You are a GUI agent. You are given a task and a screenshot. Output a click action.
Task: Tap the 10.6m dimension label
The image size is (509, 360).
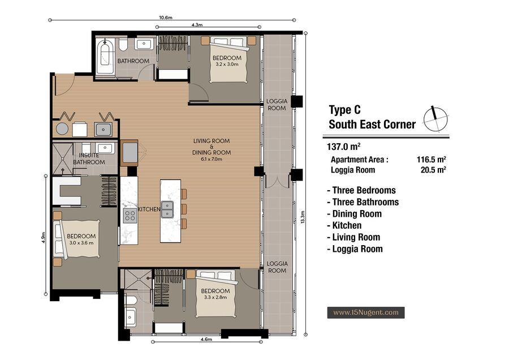[166, 18]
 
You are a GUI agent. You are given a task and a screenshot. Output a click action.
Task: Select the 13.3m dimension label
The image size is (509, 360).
[303, 217]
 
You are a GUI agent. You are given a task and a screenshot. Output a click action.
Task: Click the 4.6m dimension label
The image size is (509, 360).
[206, 339]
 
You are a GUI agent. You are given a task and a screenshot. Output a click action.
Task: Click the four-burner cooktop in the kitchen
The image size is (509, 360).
[130, 216]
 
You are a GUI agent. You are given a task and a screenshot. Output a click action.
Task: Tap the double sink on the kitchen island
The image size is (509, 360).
[167, 209]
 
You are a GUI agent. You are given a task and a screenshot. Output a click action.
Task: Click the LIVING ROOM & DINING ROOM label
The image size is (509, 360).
[212, 149]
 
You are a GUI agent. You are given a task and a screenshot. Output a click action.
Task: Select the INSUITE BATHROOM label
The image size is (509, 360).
[89, 158]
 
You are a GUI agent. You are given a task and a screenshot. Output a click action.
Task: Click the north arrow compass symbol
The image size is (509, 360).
[435, 119]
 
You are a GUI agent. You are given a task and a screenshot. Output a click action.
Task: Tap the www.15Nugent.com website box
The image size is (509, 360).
[366, 312]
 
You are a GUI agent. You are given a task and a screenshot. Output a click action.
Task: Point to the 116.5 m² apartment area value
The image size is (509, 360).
[431, 160]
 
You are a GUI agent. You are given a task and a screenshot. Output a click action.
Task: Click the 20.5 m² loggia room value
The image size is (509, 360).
[433, 170]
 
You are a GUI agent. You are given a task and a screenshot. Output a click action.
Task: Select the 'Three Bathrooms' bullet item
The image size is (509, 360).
[363, 202]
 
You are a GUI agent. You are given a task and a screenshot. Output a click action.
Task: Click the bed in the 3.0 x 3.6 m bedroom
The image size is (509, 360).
[77, 239]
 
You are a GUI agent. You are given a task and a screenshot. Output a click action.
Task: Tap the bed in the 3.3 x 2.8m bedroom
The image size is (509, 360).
[215, 293]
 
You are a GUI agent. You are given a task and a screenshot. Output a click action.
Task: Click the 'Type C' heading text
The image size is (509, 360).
[345, 110]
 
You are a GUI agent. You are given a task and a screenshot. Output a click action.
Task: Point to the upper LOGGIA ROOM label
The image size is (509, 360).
[277, 105]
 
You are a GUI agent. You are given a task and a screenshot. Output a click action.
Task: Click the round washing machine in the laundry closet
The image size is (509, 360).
[62, 128]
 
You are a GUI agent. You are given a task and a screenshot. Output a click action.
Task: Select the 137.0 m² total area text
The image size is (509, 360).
[343, 147]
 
